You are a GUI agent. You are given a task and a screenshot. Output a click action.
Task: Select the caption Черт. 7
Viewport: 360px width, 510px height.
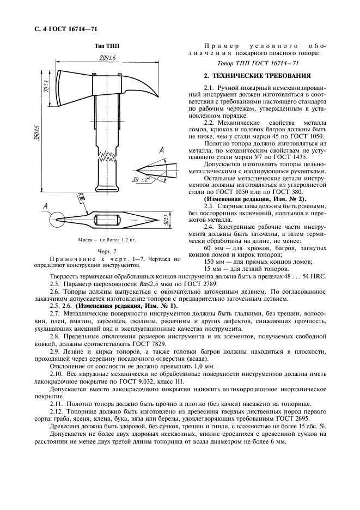[x=104, y=251]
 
